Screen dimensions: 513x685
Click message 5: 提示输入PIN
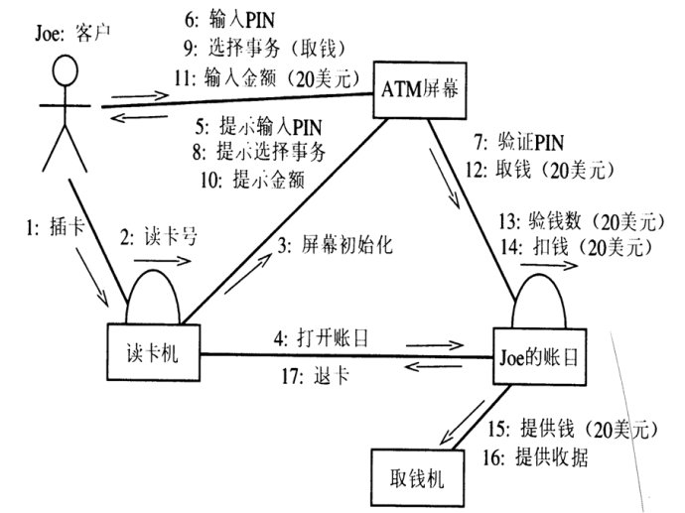pyautogui.click(x=261, y=128)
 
